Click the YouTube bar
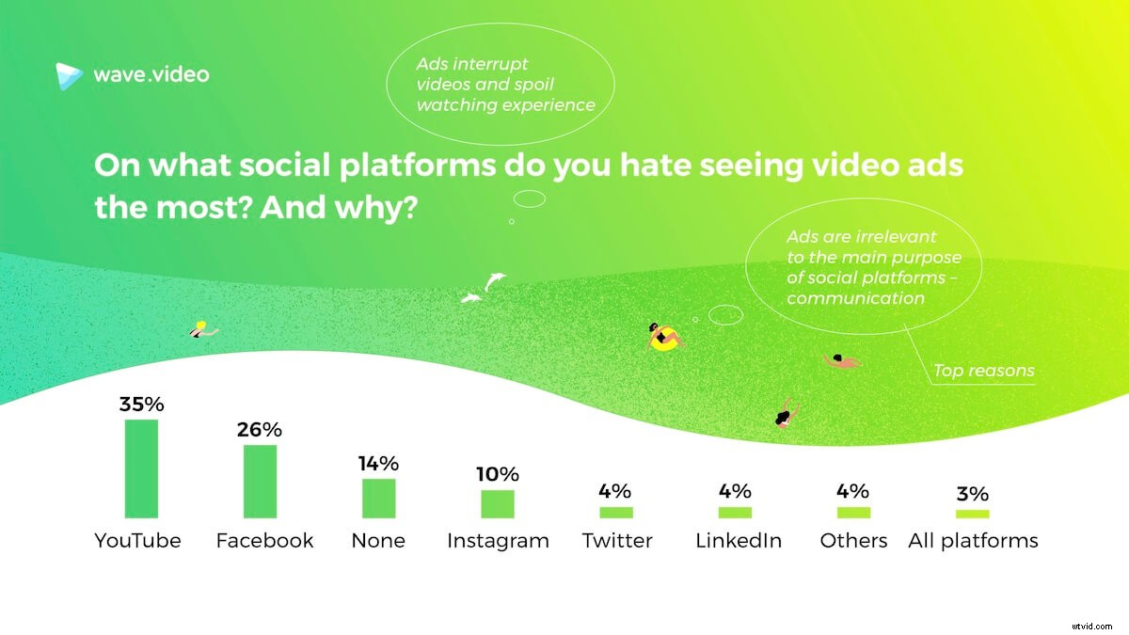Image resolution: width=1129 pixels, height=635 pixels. tap(142, 468)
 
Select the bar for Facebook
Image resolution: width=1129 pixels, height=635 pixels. tap(261, 481)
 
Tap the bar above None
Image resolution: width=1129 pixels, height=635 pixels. tap(379, 499)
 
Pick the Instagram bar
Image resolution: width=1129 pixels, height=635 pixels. tap(498, 504)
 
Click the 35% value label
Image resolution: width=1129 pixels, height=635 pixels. tap(142, 405)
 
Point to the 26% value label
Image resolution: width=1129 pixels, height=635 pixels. tap(261, 430)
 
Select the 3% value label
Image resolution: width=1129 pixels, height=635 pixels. tap(973, 494)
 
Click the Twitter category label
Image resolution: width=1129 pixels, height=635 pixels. tap(617, 541)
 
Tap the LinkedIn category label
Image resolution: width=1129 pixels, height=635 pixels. tap(736, 541)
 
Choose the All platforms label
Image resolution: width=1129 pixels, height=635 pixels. tap(973, 541)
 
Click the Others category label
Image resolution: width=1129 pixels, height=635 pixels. tap(853, 541)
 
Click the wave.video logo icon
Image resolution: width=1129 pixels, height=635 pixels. tap(69, 75)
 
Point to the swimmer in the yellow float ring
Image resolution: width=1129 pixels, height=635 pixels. tap(663, 337)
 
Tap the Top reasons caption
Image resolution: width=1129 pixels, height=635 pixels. tap(983, 371)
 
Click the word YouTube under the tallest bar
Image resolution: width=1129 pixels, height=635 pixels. tap(137, 541)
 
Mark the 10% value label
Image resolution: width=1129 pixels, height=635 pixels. tap(498, 475)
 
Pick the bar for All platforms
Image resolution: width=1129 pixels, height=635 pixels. tap(973, 514)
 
